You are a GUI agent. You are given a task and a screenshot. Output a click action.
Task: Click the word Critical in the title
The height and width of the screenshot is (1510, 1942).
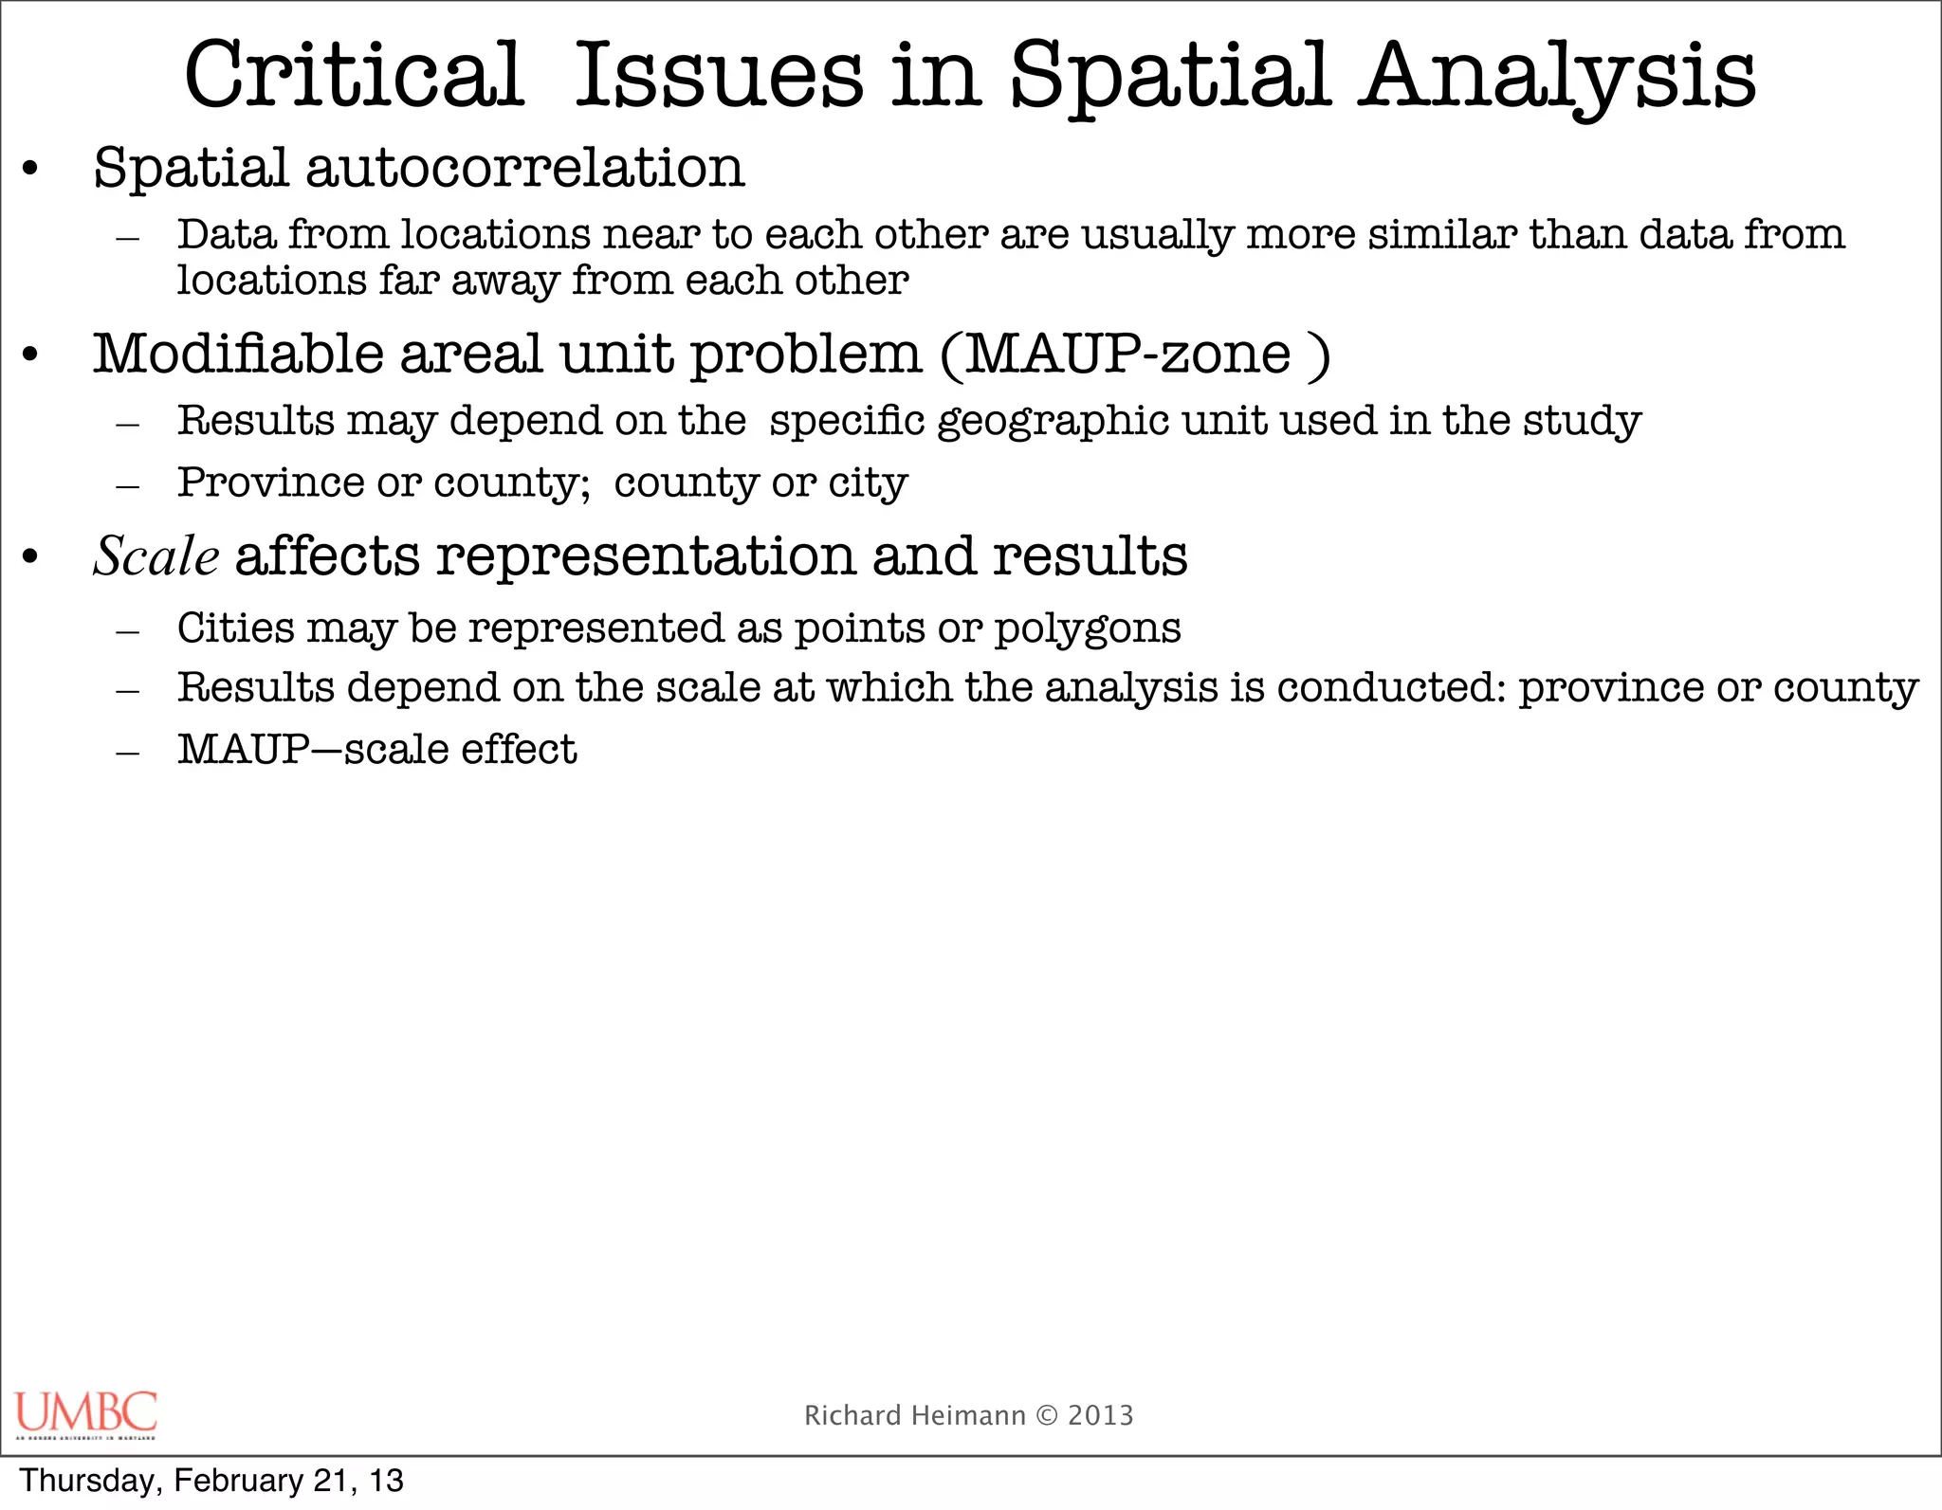(353, 76)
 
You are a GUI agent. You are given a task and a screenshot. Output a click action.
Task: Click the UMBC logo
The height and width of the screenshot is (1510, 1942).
(85, 1413)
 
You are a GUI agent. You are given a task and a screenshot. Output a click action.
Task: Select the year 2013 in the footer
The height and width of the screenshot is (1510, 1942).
(1100, 1415)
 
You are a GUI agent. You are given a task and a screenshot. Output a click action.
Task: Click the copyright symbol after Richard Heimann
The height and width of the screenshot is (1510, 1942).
(1047, 1415)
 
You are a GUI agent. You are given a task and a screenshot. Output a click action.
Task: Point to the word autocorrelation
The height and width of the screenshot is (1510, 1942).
(524, 168)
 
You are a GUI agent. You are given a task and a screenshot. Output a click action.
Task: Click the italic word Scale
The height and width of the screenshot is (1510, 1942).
(156, 555)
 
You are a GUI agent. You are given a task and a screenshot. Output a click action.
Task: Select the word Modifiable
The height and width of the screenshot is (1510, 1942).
(238, 355)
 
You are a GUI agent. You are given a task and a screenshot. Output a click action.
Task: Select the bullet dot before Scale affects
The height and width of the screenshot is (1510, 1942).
(30, 557)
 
